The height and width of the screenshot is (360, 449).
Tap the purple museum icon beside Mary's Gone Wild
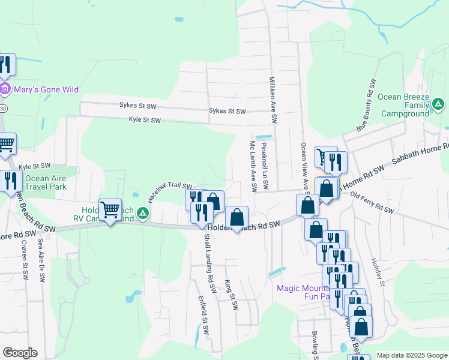5,90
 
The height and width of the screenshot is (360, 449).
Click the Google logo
19,353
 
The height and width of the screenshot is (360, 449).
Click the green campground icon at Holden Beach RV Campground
142,212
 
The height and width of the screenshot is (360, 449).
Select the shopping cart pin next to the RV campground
110,210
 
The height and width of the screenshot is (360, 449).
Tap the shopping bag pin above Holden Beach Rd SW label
238,217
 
